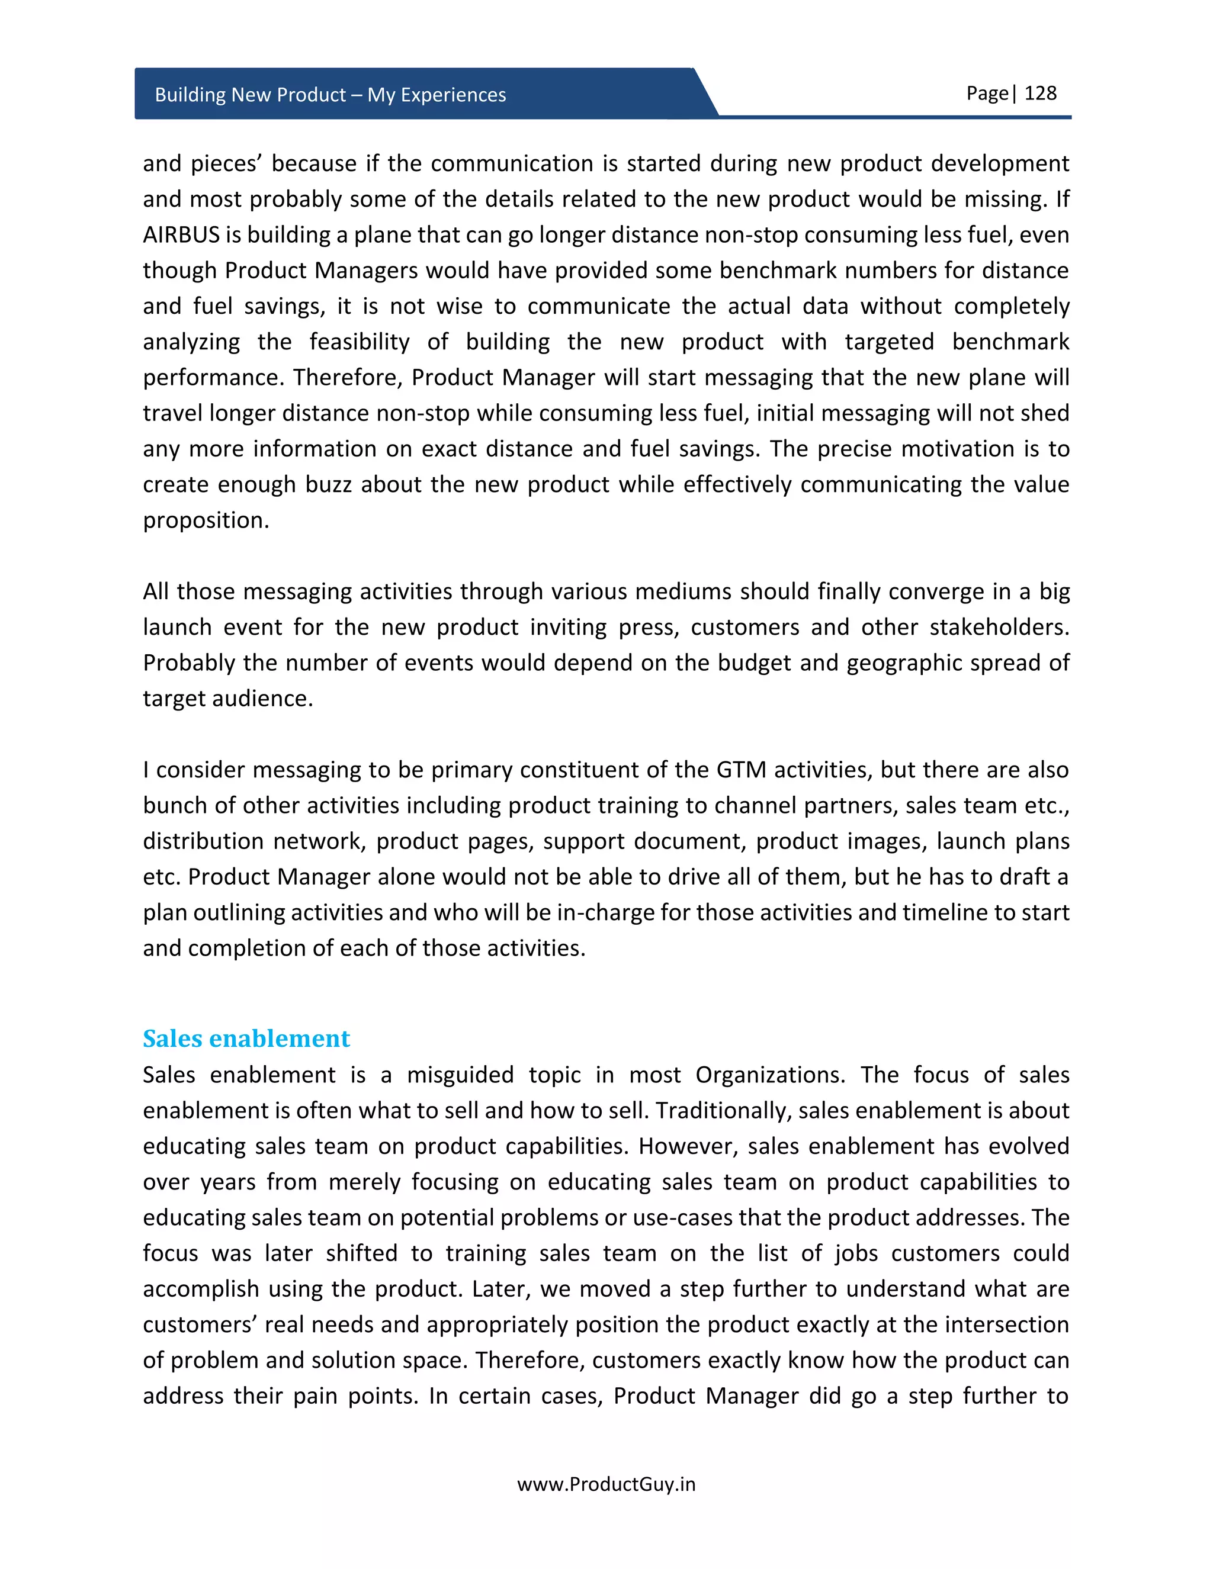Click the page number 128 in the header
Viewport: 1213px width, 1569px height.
(1040, 94)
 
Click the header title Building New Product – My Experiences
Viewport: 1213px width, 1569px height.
(330, 95)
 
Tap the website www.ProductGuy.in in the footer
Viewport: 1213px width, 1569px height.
(606, 1484)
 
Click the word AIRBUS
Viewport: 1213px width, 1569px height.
(181, 235)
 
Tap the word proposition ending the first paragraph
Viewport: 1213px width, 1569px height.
(205, 520)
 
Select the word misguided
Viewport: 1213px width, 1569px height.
(460, 1075)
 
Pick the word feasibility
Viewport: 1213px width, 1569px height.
(360, 342)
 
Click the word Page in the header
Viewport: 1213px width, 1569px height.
(987, 94)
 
